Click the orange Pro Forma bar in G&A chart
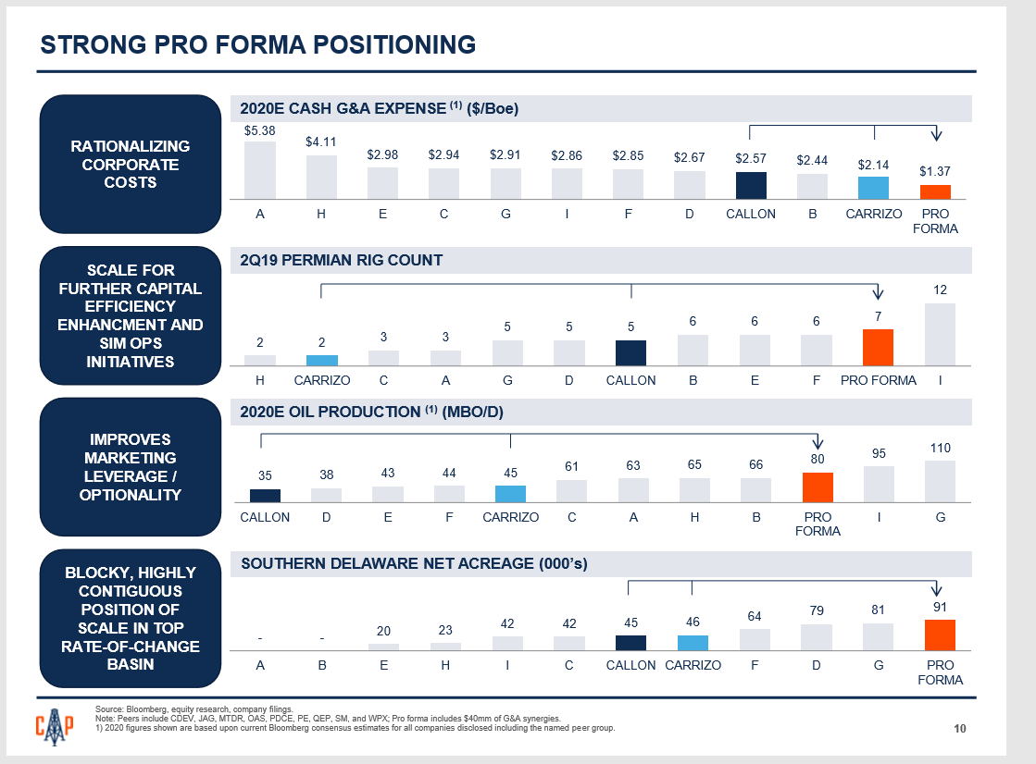coord(935,191)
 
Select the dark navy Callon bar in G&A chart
coord(751,185)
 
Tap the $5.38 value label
coord(260,131)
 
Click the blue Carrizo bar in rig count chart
coord(322,360)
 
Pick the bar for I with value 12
coord(940,334)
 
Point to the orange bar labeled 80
coord(818,487)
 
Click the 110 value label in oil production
coord(940,448)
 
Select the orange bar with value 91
coord(940,635)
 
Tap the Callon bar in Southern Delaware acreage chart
coord(630,643)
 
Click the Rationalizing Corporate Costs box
coord(131,164)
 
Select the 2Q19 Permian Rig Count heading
coord(342,261)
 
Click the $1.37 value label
coord(935,172)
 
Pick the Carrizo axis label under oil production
coord(510,518)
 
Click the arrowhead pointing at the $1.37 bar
coord(936,136)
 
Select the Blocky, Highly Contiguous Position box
coord(131,619)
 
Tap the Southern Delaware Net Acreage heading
coord(414,563)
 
